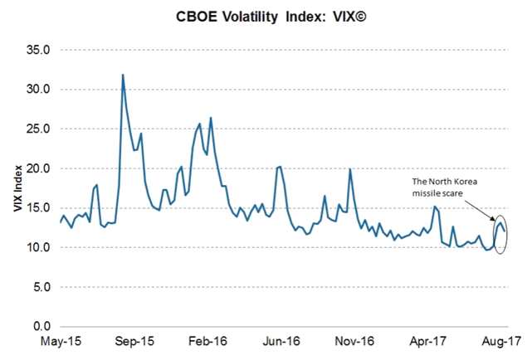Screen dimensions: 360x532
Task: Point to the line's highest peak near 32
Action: pos(124,75)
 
